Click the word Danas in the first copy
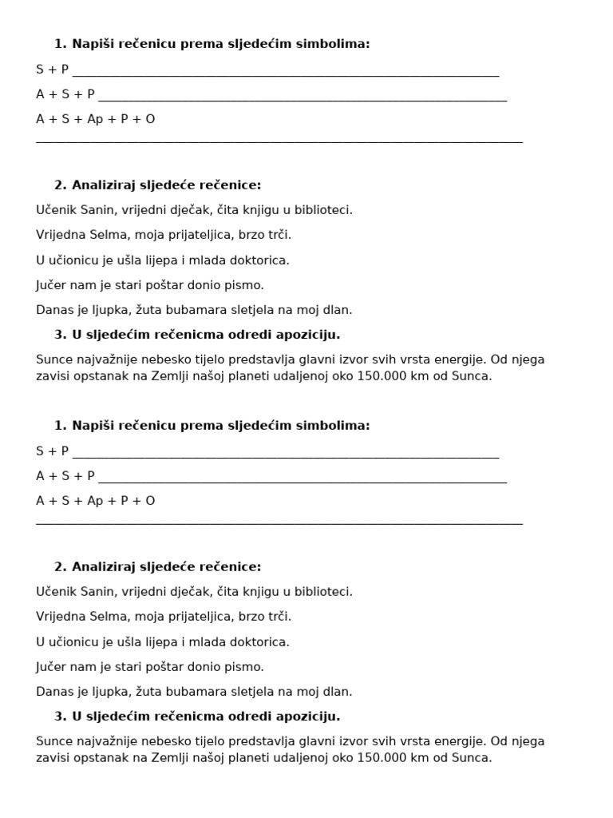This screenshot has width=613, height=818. [x=53, y=310]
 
